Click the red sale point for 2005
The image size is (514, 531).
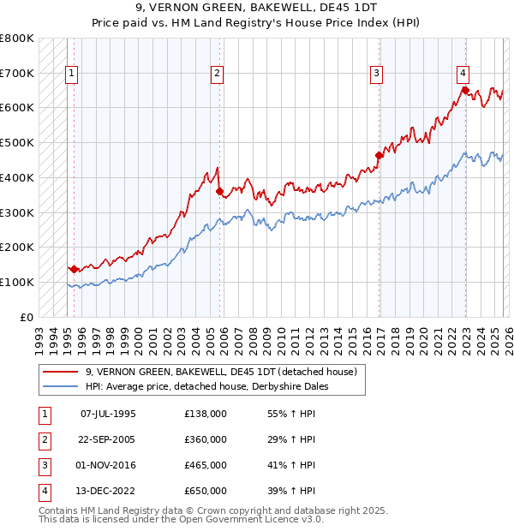click(220, 191)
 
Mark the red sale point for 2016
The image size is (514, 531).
click(379, 155)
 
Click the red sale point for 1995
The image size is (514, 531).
click(75, 269)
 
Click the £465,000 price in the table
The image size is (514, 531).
click(206, 465)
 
